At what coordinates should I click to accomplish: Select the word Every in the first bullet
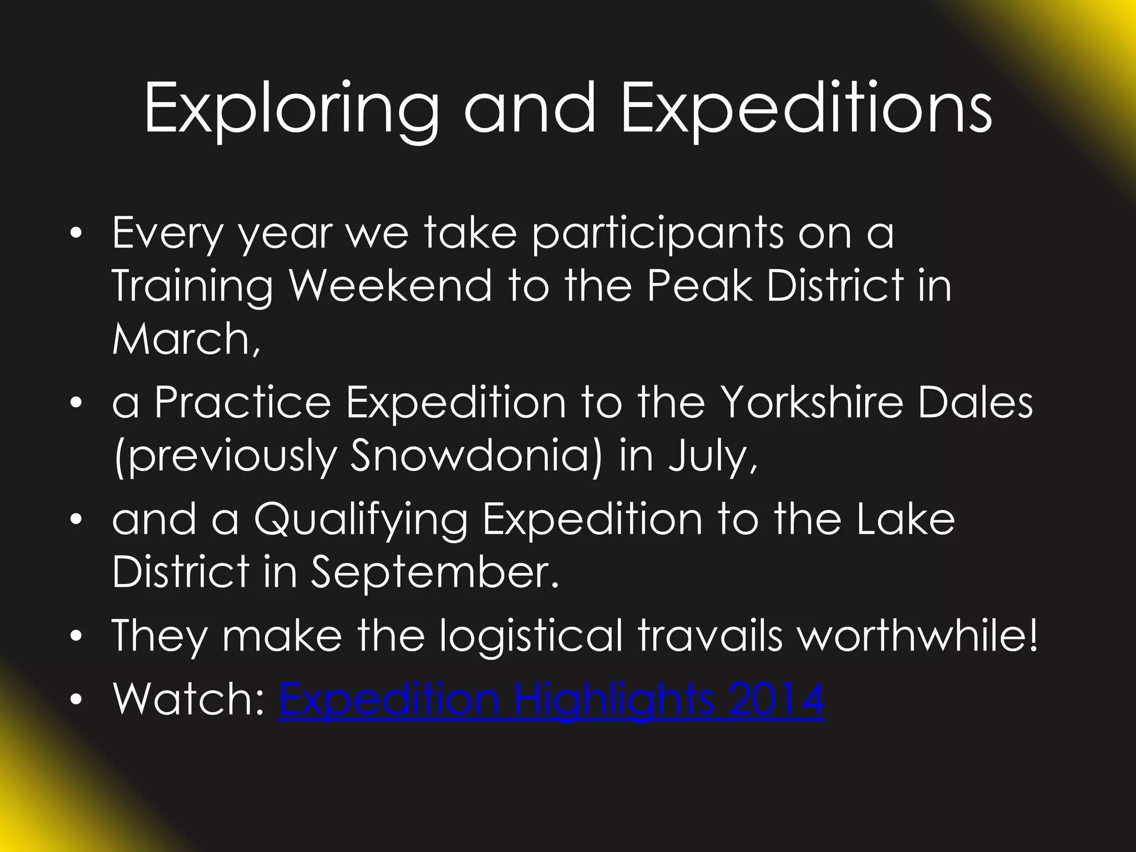point(167,234)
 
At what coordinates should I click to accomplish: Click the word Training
point(192,287)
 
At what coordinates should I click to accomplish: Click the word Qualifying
point(361,520)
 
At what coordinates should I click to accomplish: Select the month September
point(433,572)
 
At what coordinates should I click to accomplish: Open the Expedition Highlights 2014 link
point(552,700)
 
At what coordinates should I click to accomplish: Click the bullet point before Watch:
point(79,700)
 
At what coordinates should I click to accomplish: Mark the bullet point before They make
point(79,636)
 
